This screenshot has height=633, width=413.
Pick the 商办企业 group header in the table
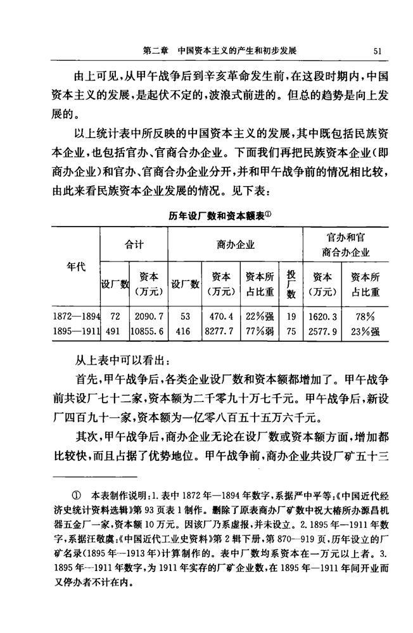(x=235, y=244)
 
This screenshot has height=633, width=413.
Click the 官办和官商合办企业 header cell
(x=345, y=244)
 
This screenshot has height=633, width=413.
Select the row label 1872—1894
(x=79, y=315)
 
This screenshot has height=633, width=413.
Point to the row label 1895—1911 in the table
(x=79, y=329)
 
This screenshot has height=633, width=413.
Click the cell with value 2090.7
(x=149, y=315)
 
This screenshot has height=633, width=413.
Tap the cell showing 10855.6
(x=149, y=329)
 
